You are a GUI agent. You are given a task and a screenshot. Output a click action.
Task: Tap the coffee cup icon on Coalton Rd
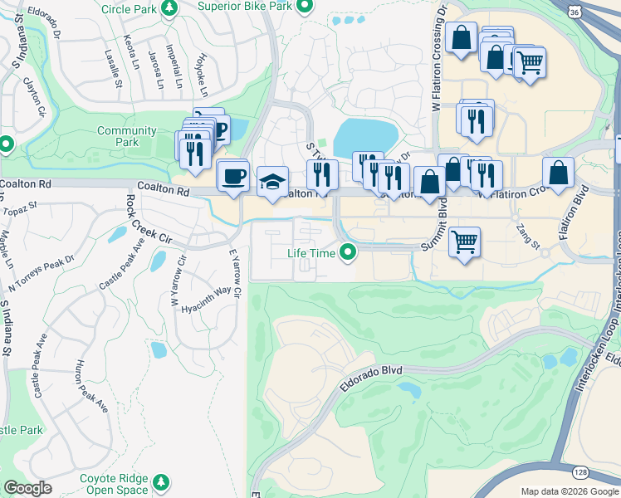[233, 175]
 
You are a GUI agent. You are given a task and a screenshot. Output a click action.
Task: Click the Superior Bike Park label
[247, 6]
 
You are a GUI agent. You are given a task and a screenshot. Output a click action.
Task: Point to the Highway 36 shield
[575, 12]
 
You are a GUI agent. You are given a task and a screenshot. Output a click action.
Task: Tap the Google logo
[28, 487]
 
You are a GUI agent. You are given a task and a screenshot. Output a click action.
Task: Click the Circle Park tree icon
[170, 8]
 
